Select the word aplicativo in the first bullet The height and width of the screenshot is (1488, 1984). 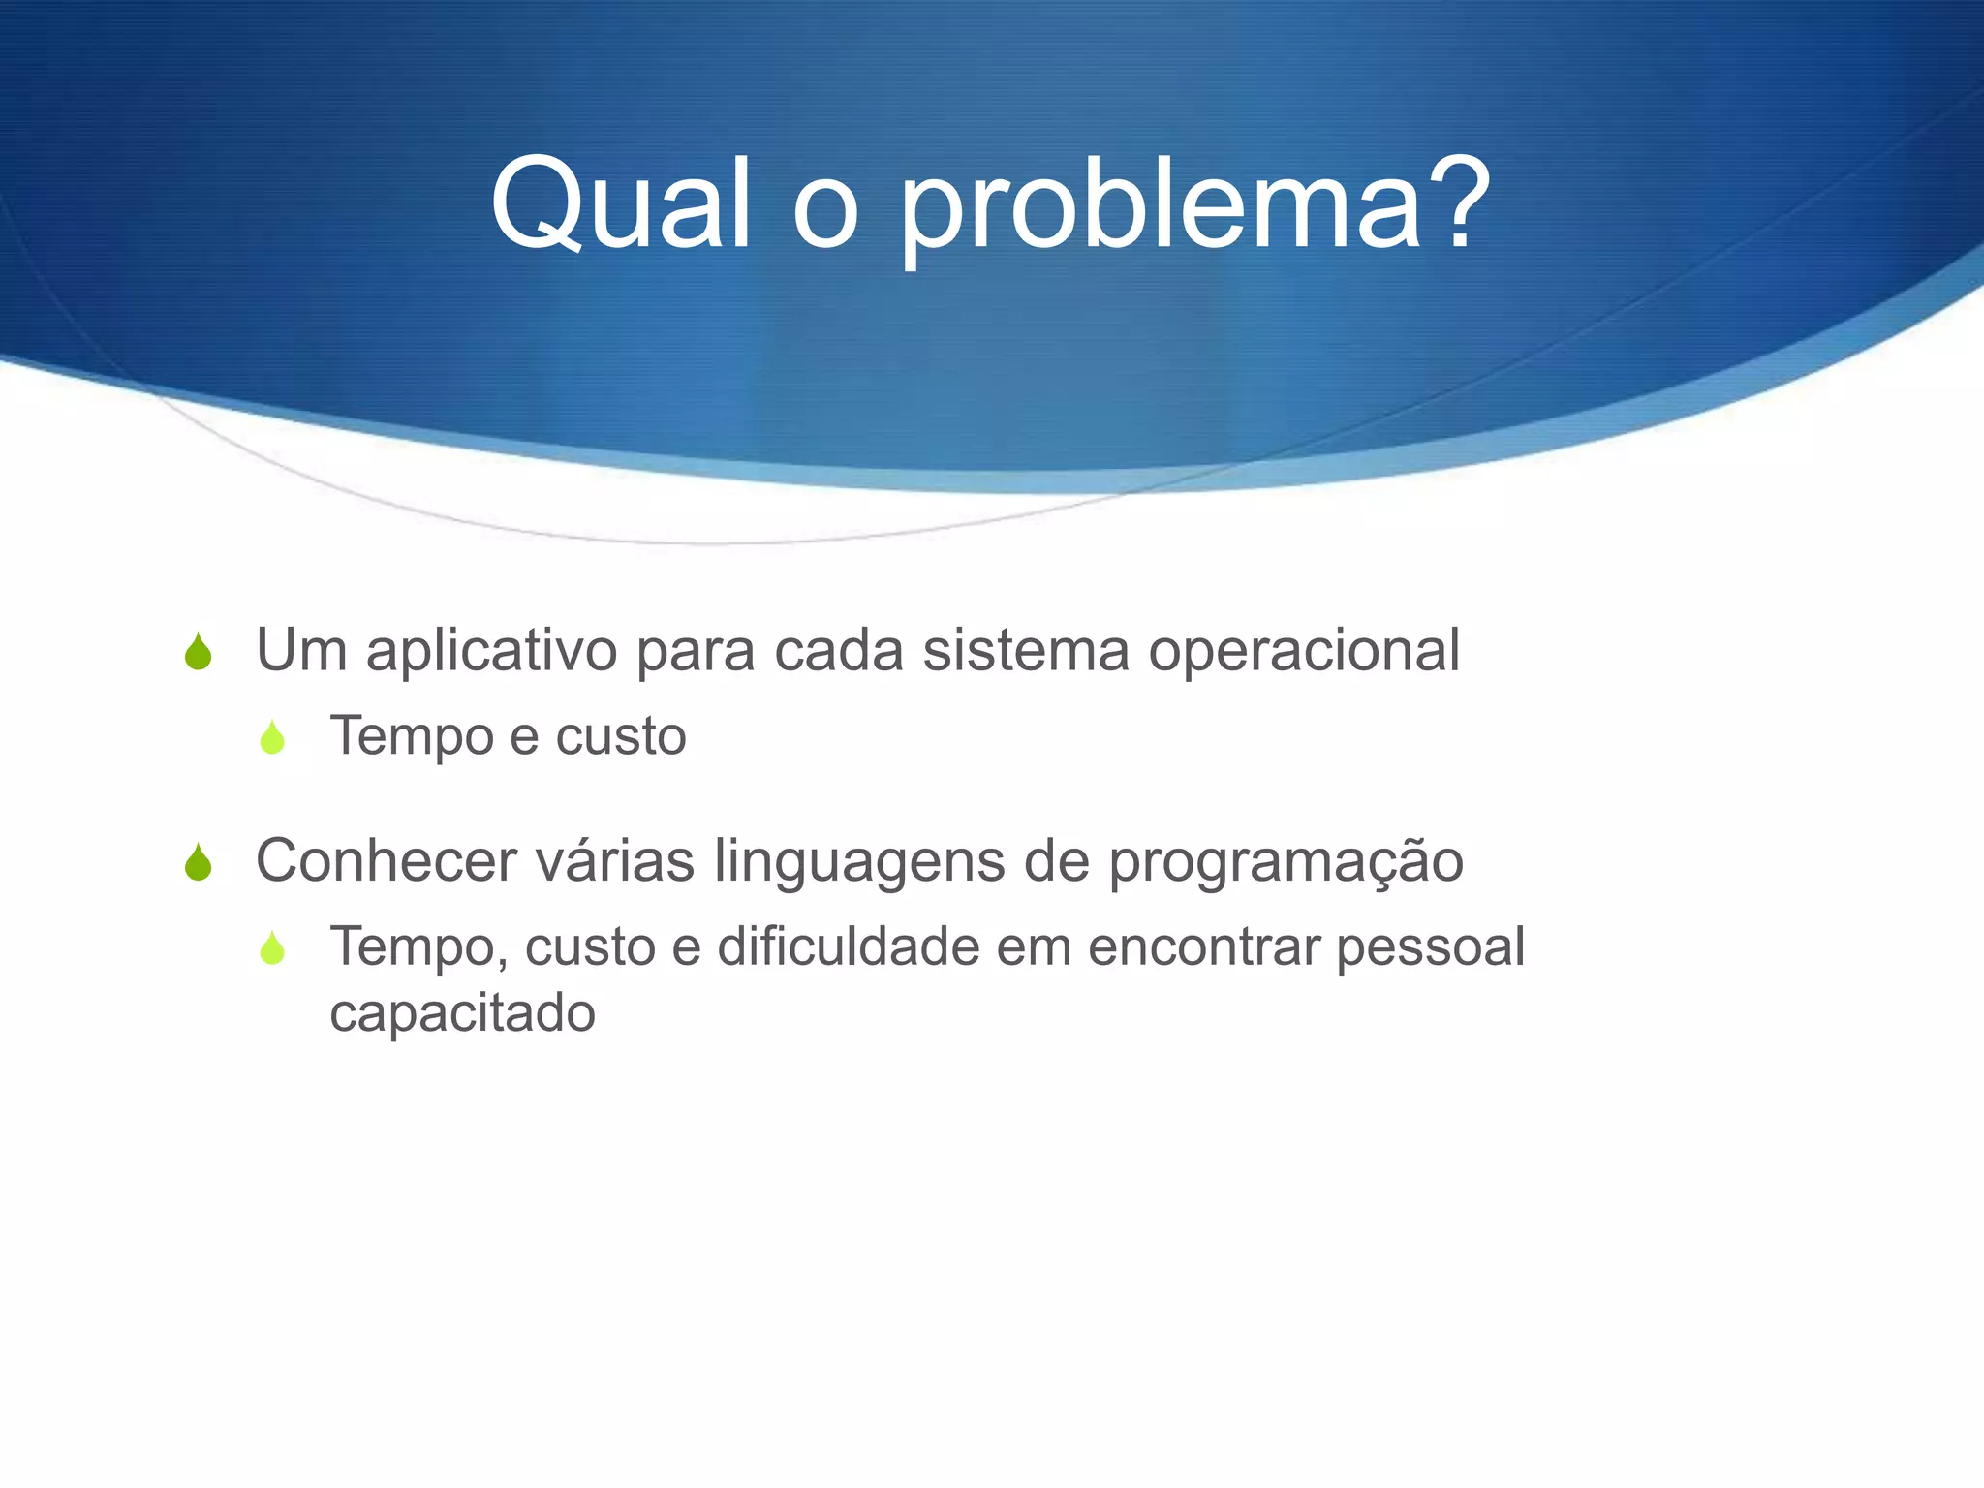(x=491, y=651)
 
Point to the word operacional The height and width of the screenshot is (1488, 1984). (x=1304, y=652)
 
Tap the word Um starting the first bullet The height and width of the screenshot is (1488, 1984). (x=301, y=650)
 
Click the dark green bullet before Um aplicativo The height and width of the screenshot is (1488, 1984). (x=199, y=652)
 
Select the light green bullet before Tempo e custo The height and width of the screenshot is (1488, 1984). (x=273, y=738)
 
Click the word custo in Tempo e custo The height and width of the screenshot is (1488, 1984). (x=621, y=736)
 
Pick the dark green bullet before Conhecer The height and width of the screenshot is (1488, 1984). (x=199, y=862)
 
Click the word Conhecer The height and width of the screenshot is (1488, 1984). (x=386, y=860)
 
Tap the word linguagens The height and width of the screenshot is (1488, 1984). (x=859, y=862)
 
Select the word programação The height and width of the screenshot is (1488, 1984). (x=1286, y=862)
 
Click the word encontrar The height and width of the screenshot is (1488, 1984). (x=1204, y=947)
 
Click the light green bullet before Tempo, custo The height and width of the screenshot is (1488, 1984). (x=273, y=948)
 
